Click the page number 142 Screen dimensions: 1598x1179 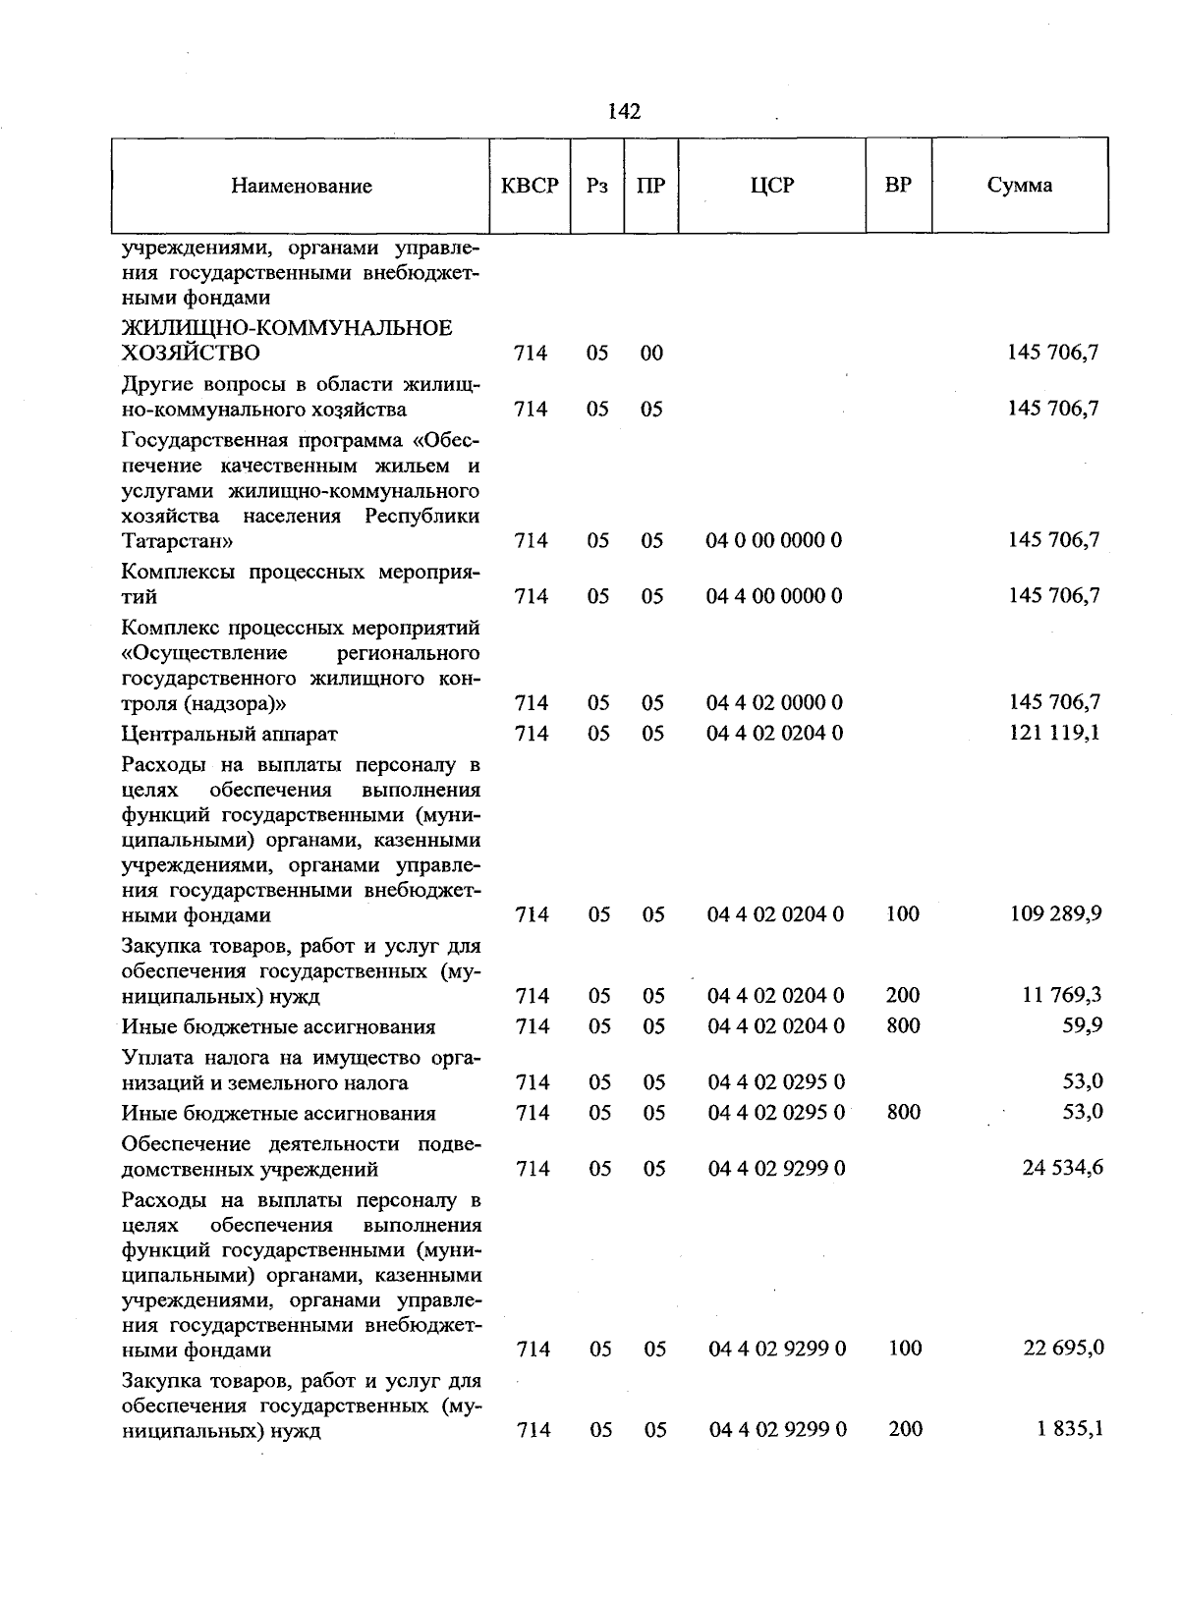[x=624, y=112]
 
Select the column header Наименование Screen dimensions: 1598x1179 [x=302, y=186]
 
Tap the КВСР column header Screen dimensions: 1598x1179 [x=530, y=186]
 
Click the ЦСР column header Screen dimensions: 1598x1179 [x=771, y=186]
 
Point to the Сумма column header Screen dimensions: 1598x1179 [x=1020, y=186]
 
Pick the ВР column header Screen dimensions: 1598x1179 [x=897, y=186]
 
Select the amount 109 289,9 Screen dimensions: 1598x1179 [x=1055, y=914]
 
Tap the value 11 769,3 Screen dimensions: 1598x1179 [x=1061, y=996]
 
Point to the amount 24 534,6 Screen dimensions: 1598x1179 [x=1062, y=1168]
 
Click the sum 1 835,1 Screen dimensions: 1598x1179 [x=1069, y=1430]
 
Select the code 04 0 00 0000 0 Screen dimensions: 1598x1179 [x=774, y=540]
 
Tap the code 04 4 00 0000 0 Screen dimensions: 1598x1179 [x=774, y=596]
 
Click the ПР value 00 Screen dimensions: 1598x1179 [x=651, y=354]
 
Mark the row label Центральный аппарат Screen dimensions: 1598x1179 [x=229, y=734]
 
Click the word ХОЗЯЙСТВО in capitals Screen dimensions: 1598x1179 [x=191, y=354]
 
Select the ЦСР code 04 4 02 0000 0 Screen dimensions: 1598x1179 [x=774, y=703]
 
